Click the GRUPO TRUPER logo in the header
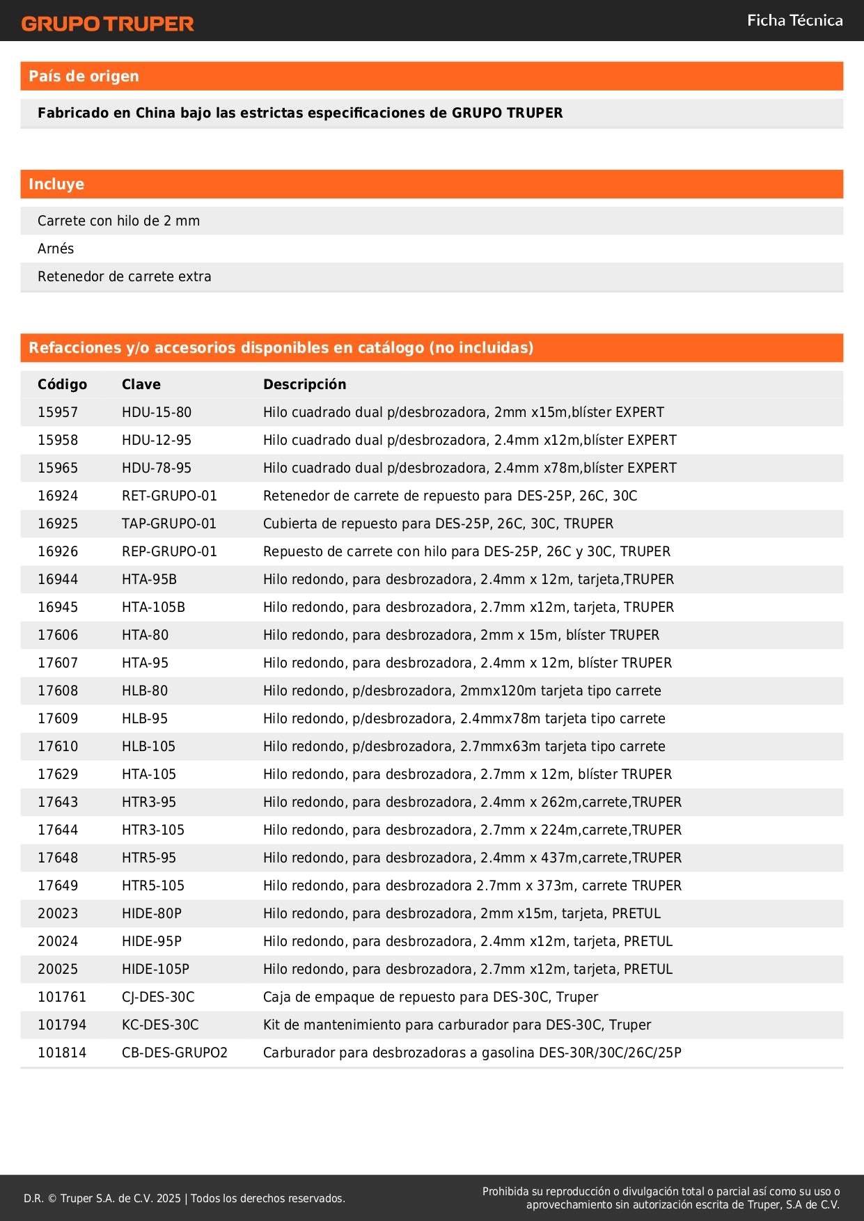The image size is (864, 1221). point(107,24)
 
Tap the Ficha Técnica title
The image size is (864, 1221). point(794,21)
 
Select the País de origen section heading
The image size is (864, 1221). point(84,77)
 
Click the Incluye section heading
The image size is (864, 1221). point(56,184)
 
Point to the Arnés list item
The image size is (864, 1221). point(56,249)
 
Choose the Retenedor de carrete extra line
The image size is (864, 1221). point(124,276)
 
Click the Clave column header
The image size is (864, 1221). point(141,384)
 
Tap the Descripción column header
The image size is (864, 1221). point(304,384)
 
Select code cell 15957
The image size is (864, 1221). point(58,412)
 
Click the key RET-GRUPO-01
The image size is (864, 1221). point(169,496)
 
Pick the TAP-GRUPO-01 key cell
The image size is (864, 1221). point(169,523)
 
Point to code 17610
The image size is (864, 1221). point(58,746)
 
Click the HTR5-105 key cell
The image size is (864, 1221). point(153,885)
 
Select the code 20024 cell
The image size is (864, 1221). point(58,941)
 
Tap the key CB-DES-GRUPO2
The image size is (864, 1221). point(175,1053)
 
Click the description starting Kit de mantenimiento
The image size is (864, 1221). point(457,1025)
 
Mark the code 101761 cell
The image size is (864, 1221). point(62,997)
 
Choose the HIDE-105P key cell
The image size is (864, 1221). point(155,969)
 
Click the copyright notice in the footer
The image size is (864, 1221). point(184,1198)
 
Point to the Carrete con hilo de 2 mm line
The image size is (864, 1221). point(118,221)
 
